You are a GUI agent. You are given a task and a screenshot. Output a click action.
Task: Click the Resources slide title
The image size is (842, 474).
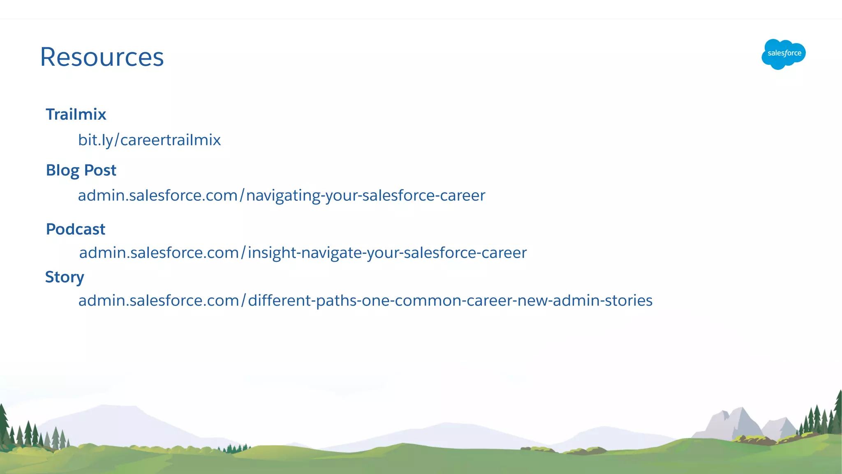(102, 57)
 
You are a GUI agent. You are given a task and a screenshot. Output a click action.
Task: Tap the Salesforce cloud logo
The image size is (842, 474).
(784, 54)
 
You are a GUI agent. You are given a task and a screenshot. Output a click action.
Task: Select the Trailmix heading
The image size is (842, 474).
(76, 114)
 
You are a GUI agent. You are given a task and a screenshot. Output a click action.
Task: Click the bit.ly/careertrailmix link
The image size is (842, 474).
(149, 140)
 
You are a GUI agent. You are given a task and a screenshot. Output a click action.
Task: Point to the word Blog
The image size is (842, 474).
(62, 170)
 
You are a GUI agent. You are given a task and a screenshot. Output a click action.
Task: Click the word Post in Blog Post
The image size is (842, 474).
(100, 170)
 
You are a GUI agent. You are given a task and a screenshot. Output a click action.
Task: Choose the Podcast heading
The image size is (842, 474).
(76, 229)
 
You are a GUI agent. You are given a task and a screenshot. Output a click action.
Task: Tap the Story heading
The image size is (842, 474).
(65, 277)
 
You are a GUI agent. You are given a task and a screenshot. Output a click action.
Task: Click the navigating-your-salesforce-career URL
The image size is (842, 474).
(282, 195)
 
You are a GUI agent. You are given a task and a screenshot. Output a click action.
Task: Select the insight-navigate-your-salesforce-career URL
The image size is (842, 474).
(303, 253)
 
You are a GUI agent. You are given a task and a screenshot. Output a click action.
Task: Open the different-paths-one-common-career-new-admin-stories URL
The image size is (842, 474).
(365, 300)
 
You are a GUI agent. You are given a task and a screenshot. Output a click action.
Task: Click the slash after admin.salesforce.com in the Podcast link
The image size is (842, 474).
(243, 253)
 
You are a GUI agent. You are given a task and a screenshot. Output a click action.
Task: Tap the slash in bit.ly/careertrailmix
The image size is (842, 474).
(117, 140)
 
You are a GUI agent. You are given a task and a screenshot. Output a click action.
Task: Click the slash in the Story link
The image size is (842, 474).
(244, 300)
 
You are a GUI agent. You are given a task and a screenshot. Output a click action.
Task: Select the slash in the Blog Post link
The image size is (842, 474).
(242, 195)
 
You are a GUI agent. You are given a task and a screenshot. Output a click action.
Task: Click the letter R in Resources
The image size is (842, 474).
(49, 57)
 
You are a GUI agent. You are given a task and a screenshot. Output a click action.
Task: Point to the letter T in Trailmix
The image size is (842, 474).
(50, 114)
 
